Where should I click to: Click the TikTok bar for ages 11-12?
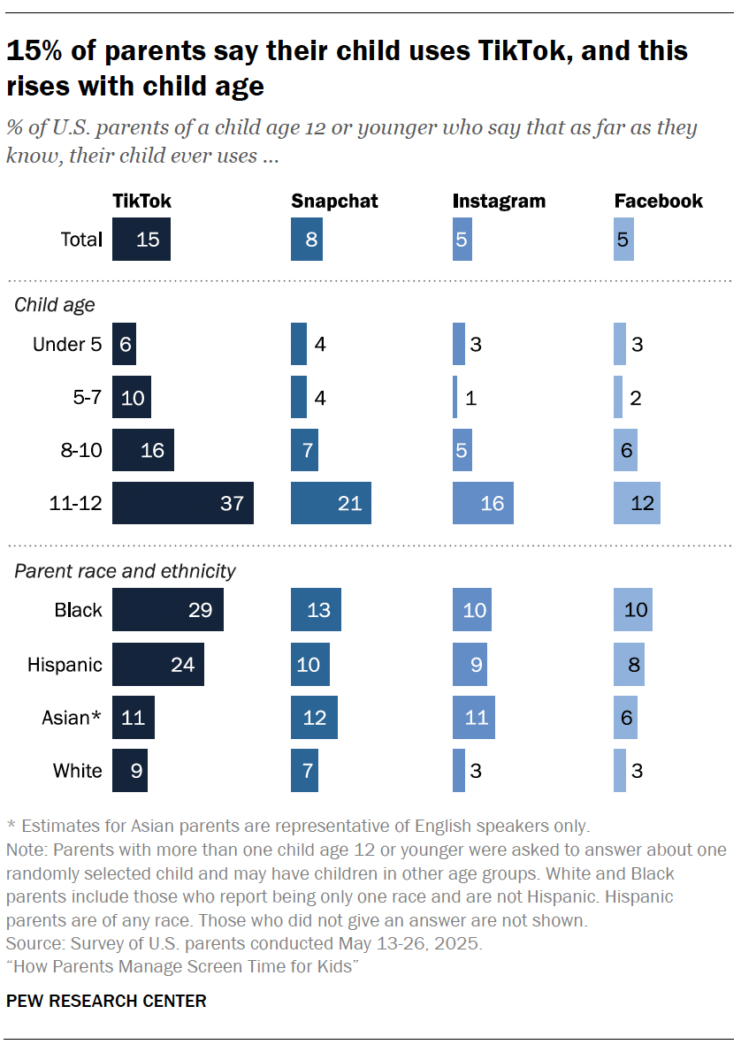coord(183,504)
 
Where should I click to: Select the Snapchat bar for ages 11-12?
coord(331,504)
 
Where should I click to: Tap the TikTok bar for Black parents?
coord(168,610)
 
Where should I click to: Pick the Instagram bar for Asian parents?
coord(473,716)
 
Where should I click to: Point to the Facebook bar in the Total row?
coord(623,240)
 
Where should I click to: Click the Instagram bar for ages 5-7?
coord(455,398)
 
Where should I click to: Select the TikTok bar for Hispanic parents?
coord(158,664)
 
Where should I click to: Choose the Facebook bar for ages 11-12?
coord(637,504)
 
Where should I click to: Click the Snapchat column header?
coord(334,202)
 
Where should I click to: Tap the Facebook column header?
coord(659,202)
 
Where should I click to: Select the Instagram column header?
coord(499,202)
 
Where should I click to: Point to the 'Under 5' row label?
coord(67,345)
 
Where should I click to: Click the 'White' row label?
coord(78,771)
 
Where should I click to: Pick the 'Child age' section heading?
coord(55,305)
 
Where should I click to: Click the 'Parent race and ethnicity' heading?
coord(125,571)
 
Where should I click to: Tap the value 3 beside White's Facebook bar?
coord(637,771)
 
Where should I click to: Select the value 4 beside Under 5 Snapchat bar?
coord(320,345)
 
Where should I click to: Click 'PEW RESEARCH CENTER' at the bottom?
coord(106,1002)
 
